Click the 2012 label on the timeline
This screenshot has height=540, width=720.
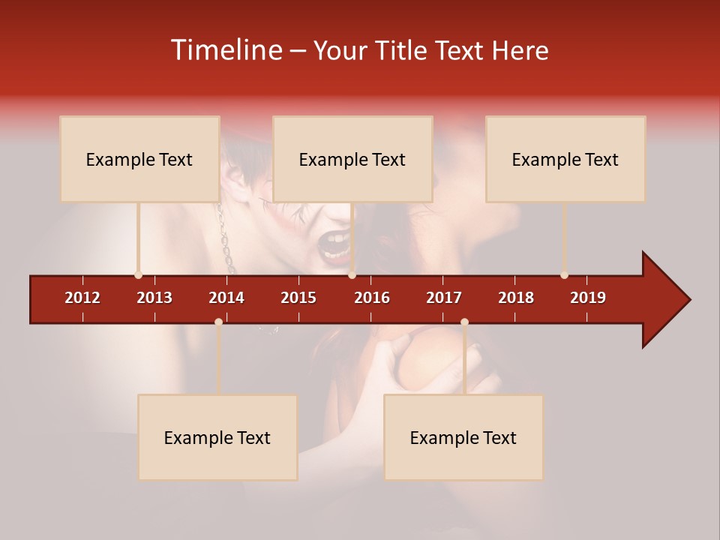pyautogui.click(x=82, y=298)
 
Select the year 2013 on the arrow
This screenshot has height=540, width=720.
pyautogui.click(x=154, y=298)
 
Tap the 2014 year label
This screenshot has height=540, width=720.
pyautogui.click(x=226, y=298)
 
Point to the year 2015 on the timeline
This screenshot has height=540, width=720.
pyautogui.click(x=298, y=298)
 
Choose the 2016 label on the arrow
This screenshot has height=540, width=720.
pyautogui.click(x=372, y=298)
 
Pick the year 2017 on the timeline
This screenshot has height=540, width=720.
pyautogui.click(x=444, y=298)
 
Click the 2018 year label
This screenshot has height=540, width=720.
pyautogui.click(x=516, y=298)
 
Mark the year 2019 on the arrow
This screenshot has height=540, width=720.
pyautogui.click(x=588, y=298)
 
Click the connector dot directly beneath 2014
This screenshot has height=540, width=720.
pyautogui.click(x=218, y=322)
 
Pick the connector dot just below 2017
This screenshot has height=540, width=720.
pyautogui.click(x=464, y=322)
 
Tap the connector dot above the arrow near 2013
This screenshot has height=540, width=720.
pyautogui.click(x=138, y=274)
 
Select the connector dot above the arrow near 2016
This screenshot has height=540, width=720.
pyautogui.click(x=352, y=274)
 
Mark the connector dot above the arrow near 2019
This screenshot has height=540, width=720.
pyautogui.click(x=564, y=274)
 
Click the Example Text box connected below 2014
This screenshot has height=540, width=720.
pyautogui.click(x=217, y=437)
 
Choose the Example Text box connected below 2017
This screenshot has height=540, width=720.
pyautogui.click(x=463, y=437)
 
